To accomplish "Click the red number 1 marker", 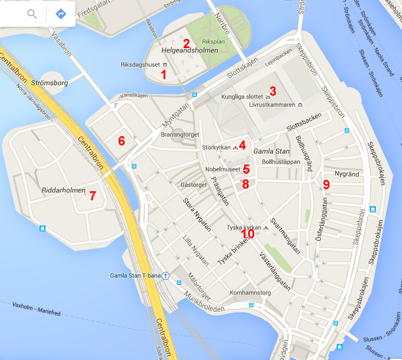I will tap(164, 75).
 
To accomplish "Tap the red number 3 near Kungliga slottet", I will tap(272, 91).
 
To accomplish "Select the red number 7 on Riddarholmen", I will tap(92, 196).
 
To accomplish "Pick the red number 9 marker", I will tap(326, 185).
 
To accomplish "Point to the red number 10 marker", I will tap(248, 233).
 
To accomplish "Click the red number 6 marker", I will tap(121, 141).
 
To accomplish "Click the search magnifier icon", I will tap(32, 13).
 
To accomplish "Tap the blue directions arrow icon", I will tap(61, 13).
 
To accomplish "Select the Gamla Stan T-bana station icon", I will tap(166, 276).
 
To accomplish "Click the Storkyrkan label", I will tap(217, 147).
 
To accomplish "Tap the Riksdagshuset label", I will tap(141, 65).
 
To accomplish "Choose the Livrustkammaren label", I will tap(272, 105).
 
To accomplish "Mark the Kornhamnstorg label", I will tap(250, 293).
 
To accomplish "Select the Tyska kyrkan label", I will tap(243, 228).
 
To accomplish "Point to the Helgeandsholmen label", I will tap(190, 50).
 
